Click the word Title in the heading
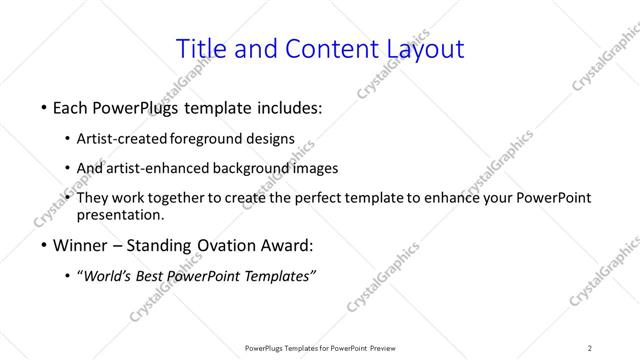tap(200, 48)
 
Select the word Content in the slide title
tap(322, 48)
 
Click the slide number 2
tap(590, 348)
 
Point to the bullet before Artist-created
tap(67, 139)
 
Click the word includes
tap(291, 106)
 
